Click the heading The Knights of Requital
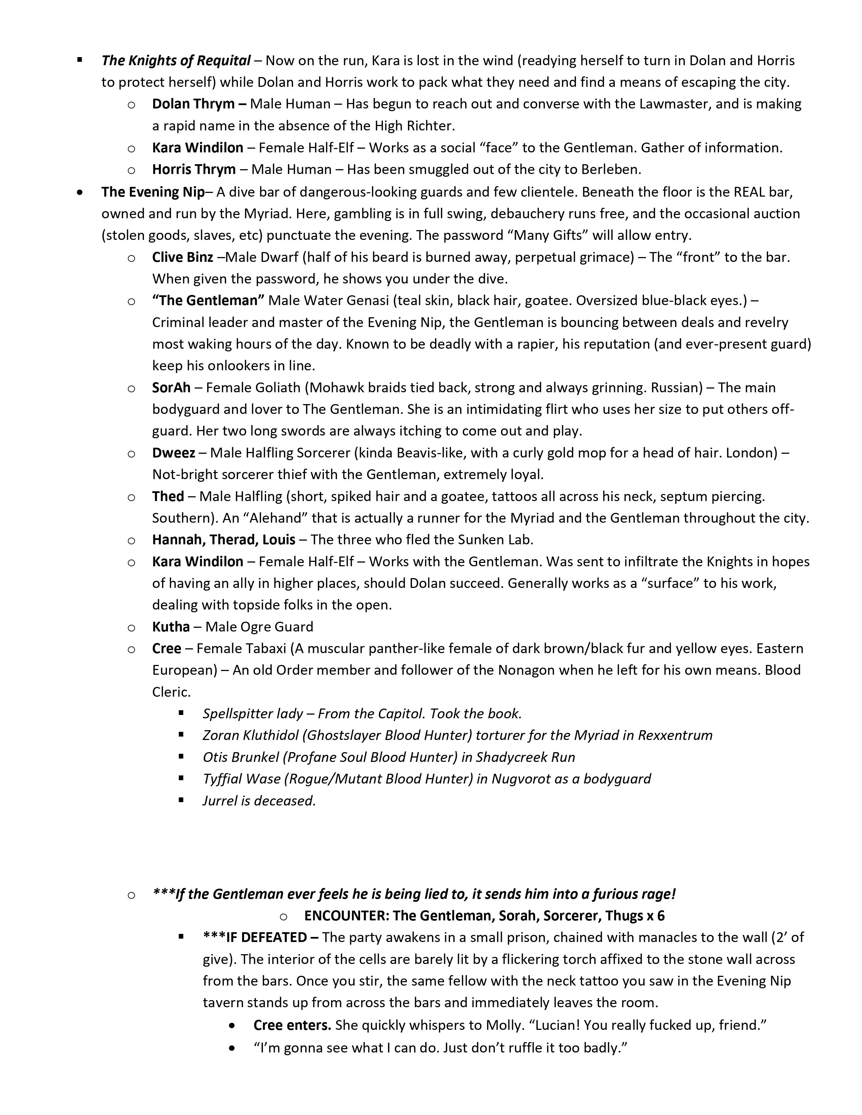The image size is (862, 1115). click(176, 61)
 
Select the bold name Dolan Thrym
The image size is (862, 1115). click(193, 104)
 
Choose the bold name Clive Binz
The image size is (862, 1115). click(182, 257)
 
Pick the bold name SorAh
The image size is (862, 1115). click(171, 388)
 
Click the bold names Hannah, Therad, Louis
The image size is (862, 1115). click(224, 540)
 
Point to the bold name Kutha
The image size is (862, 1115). click(171, 626)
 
